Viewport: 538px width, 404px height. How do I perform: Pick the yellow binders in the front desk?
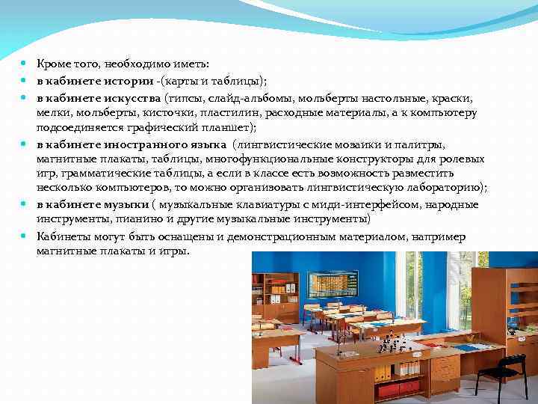click(x=389, y=370)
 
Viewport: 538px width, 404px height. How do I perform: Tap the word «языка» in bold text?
click(x=207, y=144)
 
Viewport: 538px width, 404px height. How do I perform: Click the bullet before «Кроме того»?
click(x=25, y=66)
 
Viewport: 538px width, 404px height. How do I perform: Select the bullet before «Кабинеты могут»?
click(x=25, y=236)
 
